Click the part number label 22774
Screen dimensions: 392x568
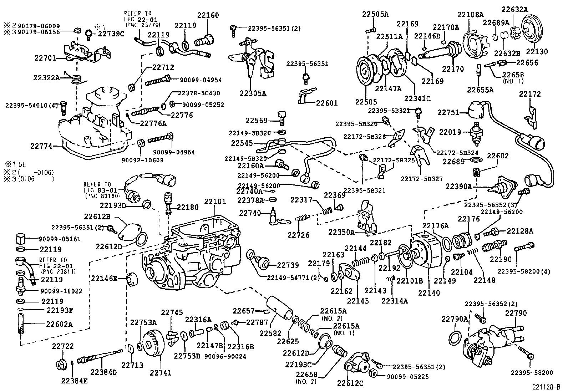[x=41, y=146]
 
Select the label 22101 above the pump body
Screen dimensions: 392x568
[x=215, y=202]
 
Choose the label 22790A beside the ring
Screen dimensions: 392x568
[x=454, y=319]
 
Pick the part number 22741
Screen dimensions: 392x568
[x=161, y=373]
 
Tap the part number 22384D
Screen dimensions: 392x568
[x=103, y=372]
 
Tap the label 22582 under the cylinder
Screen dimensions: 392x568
[x=270, y=334]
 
